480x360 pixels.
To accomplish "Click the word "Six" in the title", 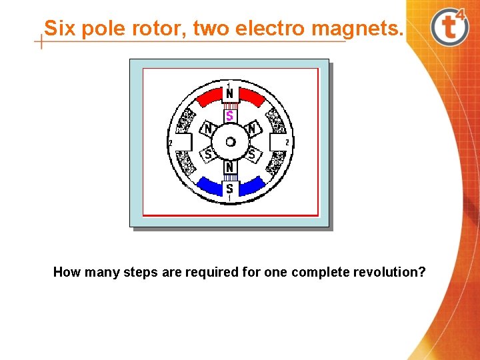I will [59, 29].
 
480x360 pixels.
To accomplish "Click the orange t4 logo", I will [451, 27].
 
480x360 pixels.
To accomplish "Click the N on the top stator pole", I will [229, 95].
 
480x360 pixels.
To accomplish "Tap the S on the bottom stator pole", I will [229, 189].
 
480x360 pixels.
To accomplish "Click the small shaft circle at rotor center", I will [230, 141].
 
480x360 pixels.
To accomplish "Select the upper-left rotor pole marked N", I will [209, 128].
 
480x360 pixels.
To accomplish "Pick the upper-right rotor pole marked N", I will [251, 128].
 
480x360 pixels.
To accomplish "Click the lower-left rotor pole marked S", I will [209, 154].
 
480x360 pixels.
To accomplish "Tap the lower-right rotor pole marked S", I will [251, 154].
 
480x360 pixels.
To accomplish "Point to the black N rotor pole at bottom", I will [229, 167].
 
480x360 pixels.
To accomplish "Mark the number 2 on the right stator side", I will [287, 142].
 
